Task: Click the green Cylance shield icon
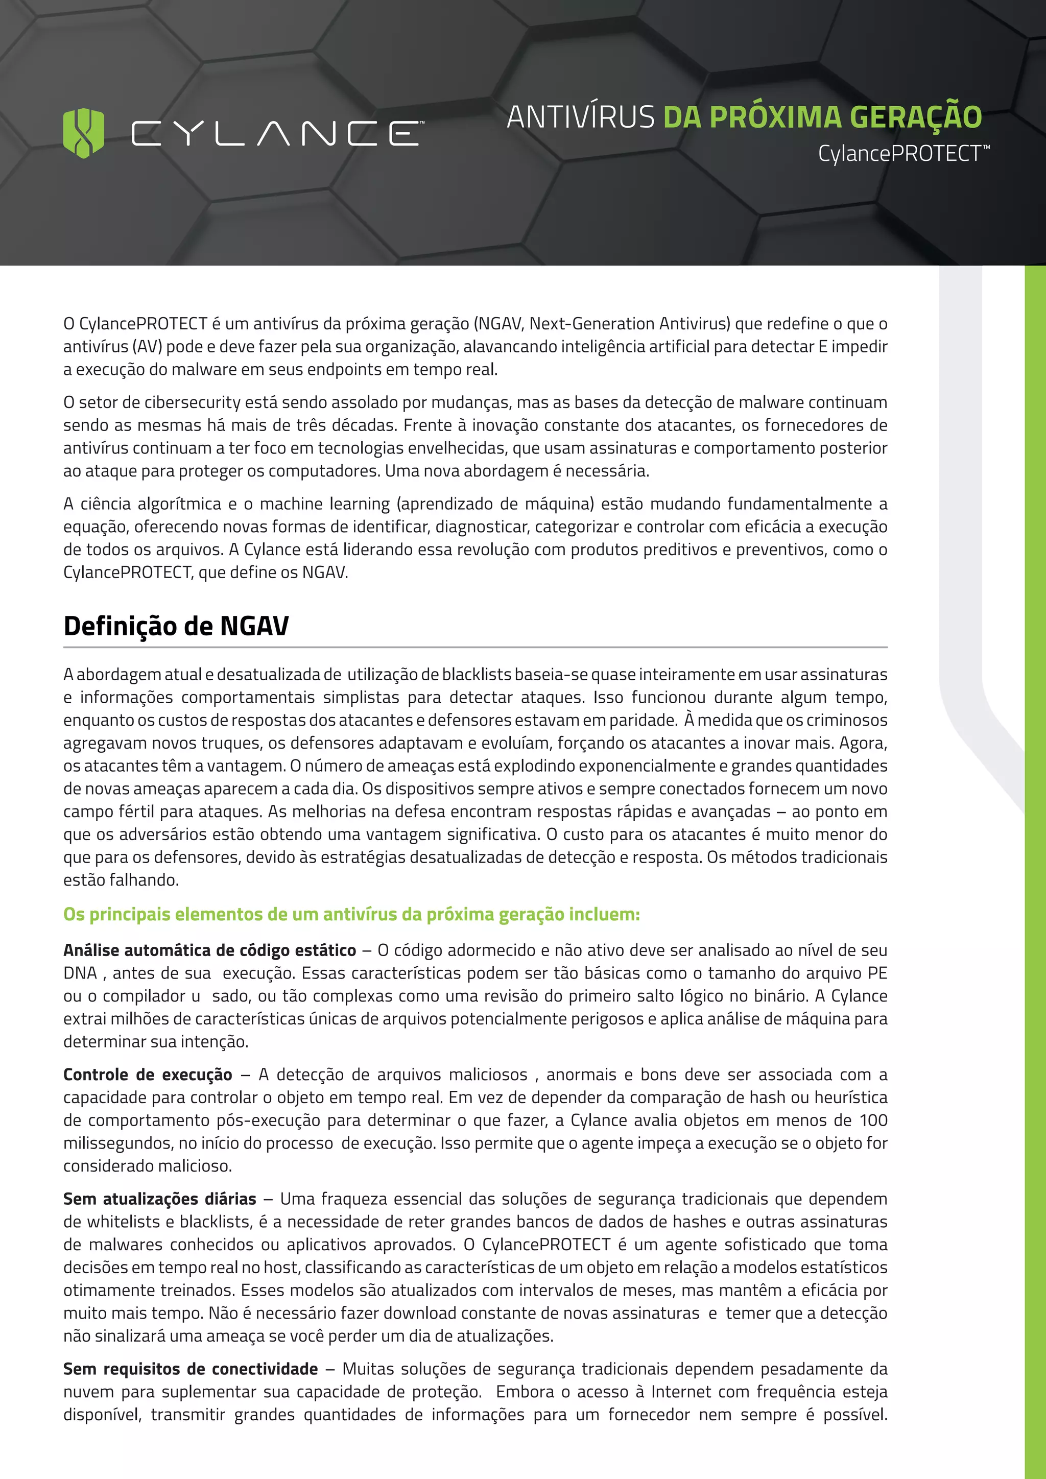coord(84,133)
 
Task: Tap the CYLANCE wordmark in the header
coord(277,133)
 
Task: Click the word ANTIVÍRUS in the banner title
coord(580,117)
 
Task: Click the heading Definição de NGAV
coord(176,626)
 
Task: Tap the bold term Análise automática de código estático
coord(209,950)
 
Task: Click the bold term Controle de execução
coord(148,1075)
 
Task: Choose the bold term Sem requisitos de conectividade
coord(191,1369)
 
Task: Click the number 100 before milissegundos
coord(873,1120)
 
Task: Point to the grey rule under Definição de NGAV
coord(476,647)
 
